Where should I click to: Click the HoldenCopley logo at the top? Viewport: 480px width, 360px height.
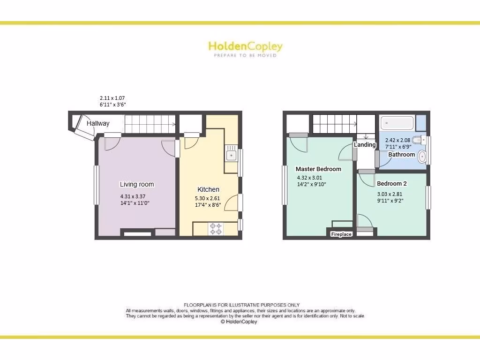pyautogui.click(x=245, y=46)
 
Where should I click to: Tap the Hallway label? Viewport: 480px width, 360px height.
pyautogui.click(x=98, y=123)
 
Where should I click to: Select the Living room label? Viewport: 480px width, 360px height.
pyautogui.click(x=136, y=184)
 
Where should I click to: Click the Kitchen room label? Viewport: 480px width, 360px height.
pyautogui.click(x=208, y=189)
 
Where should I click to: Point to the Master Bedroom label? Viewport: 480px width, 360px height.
pyautogui.click(x=318, y=169)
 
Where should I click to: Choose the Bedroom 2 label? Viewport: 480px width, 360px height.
pyautogui.click(x=391, y=183)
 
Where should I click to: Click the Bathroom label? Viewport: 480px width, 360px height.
pyautogui.click(x=401, y=154)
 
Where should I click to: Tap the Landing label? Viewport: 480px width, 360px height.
pyautogui.click(x=365, y=144)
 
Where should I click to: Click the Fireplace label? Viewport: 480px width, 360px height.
pyautogui.click(x=341, y=234)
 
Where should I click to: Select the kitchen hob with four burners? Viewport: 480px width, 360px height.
pyautogui.click(x=216, y=229)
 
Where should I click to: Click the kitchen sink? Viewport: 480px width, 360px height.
pyautogui.click(x=231, y=155)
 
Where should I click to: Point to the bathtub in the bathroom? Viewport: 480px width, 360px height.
pyautogui.click(x=397, y=123)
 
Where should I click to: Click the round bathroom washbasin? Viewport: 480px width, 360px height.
pyautogui.click(x=421, y=157)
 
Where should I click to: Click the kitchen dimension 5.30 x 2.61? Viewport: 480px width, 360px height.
pyautogui.click(x=207, y=198)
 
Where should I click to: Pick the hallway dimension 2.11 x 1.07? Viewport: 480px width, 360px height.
pyautogui.click(x=112, y=98)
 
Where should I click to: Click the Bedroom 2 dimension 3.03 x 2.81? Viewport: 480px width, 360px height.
pyautogui.click(x=390, y=194)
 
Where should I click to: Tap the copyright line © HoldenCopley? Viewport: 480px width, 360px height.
pyautogui.click(x=239, y=322)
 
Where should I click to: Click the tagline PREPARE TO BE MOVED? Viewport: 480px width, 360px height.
pyautogui.click(x=245, y=55)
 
